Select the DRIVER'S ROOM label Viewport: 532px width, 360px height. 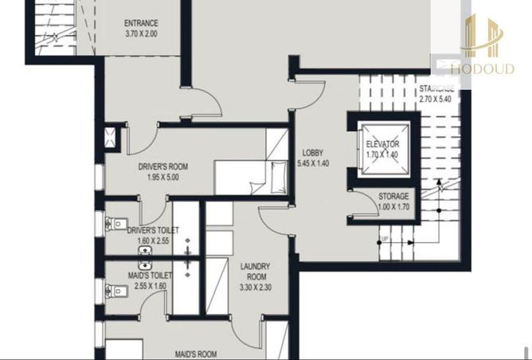pyautogui.click(x=162, y=166)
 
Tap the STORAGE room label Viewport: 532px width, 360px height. pyautogui.click(x=393, y=196)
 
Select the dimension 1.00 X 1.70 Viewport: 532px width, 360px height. pyautogui.click(x=393, y=207)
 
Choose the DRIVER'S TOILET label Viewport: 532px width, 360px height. pyautogui.click(x=153, y=230)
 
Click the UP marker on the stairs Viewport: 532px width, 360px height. pyautogui.click(x=385, y=240)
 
